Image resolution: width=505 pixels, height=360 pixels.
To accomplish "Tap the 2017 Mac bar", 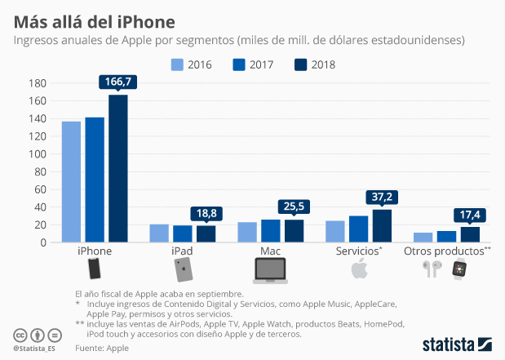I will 271,231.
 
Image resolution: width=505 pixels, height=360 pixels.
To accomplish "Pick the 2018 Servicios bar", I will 382,226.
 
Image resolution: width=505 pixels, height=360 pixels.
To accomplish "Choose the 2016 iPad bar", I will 159,233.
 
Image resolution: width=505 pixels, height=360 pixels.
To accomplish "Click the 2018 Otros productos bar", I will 470,234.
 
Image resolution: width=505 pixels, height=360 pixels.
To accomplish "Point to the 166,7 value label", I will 118,82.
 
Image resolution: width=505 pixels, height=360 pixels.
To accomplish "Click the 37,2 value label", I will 382,197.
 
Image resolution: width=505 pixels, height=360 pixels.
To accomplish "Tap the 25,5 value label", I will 295,207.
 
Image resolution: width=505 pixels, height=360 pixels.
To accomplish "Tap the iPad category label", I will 182,251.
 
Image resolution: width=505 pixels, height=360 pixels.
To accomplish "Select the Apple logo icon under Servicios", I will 358,269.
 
